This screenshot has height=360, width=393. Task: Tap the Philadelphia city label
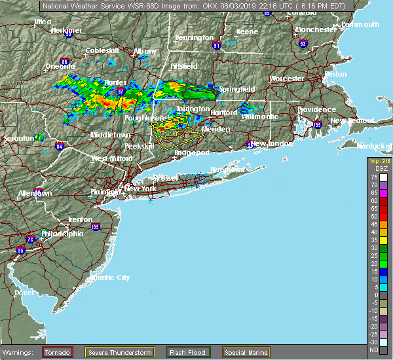point(62,234)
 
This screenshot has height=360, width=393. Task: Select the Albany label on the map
point(145,51)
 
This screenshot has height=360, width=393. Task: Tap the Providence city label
point(298,109)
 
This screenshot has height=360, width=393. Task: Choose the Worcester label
point(286,79)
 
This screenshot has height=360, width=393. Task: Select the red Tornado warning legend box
point(58,351)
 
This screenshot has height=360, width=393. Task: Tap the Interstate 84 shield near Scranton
point(60,146)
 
